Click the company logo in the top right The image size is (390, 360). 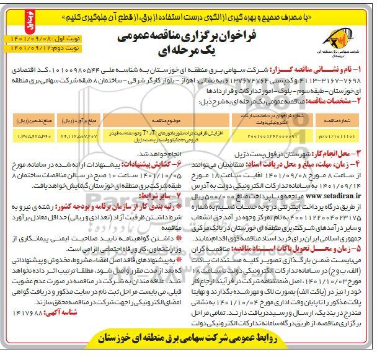click(x=353, y=44)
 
